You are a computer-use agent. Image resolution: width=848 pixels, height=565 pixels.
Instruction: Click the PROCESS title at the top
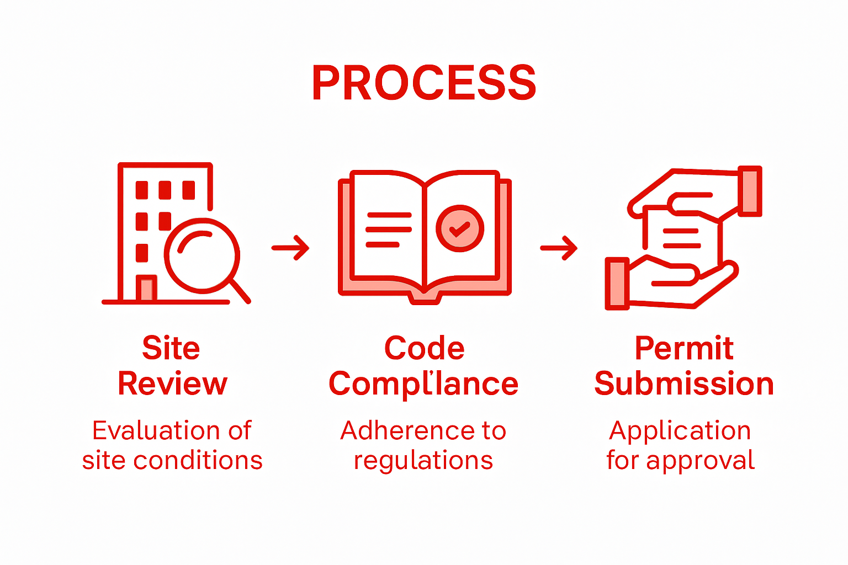tap(424, 83)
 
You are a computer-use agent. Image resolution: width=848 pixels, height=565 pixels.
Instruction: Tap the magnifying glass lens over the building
tap(202, 255)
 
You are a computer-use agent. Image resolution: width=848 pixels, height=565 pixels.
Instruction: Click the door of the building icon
tap(146, 288)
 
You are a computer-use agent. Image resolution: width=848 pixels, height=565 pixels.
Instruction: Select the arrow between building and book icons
tap(290, 248)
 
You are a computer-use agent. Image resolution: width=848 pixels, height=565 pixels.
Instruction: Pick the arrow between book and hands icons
tap(559, 248)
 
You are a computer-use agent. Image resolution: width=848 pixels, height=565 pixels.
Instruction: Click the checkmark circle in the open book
tap(459, 228)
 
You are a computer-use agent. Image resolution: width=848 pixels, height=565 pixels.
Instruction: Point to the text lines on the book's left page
tap(388, 229)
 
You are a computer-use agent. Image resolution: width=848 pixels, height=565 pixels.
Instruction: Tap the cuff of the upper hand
tap(750, 191)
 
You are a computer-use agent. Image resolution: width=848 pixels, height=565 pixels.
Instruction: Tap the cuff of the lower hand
tap(617, 283)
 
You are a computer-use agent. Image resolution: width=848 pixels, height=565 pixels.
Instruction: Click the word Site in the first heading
tap(171, 348)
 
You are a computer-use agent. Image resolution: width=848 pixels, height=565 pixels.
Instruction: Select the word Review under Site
tap(172, 384)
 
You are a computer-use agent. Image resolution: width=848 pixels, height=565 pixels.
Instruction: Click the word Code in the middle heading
tap(424, 348)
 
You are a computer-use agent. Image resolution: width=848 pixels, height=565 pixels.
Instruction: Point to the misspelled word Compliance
tap(423, 384)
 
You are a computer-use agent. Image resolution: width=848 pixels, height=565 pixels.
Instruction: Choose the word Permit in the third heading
tap(683, 348)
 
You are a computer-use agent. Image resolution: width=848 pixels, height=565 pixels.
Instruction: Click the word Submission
tap(683, 384)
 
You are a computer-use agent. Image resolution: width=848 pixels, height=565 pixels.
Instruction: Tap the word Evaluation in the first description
tap(156, 430)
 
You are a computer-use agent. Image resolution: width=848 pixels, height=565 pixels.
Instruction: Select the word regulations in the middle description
tap(423, 461)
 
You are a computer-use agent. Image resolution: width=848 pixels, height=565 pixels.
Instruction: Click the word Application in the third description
tap(680, 431)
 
